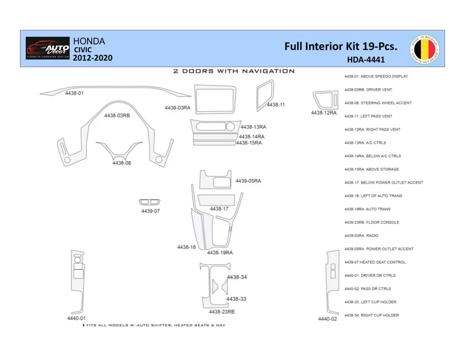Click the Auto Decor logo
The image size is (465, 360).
pos(48,48)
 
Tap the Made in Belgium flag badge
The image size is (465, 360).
pos(424,49)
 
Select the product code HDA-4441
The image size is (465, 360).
pos(366,59)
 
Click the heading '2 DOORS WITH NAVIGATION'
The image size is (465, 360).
pos(234,71)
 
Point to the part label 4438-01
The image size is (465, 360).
pos(74,93)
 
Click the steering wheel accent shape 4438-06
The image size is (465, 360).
pos(119,151)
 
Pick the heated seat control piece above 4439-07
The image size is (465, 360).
pos(150,202)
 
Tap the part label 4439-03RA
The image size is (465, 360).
pos(177,108)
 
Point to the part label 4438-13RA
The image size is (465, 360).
pos(253,127)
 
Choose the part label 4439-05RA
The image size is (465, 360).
pos(248,181)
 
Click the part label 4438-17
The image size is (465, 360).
pos(219,209)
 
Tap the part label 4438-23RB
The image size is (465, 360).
pos(222,312)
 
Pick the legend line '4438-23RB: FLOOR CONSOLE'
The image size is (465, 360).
pos(371,222)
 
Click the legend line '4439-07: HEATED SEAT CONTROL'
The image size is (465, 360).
pos(374,262)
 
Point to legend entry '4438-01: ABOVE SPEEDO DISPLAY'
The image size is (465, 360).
pos(376,77)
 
